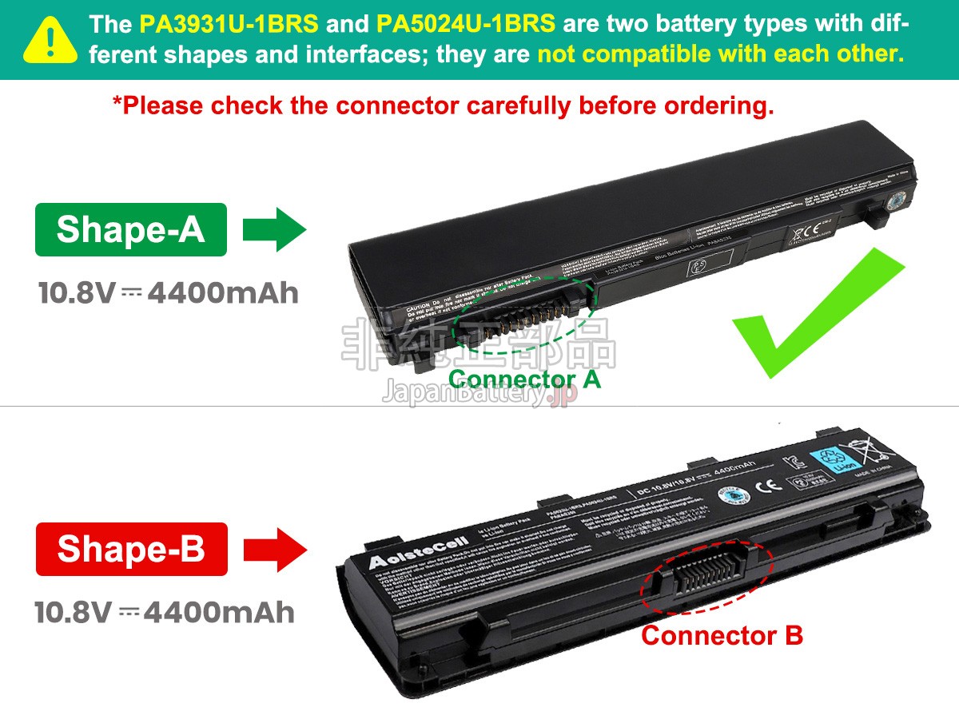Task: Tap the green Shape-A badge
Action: [131, 230]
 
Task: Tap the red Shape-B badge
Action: [131, 550]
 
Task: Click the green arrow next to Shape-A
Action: [274, 230]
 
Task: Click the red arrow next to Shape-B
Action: [275, 549]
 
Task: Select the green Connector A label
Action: [524, 379]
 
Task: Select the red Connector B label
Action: [722, 636]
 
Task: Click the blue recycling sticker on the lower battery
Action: [836, 461]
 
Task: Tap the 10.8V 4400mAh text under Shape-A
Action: [169, 293]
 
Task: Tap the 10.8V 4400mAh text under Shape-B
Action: [165, 613]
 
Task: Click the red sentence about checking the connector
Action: [443, 105]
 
